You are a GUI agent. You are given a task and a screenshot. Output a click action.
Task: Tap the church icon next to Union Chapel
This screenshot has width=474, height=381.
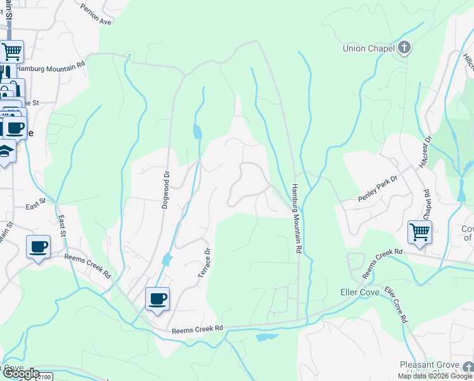404,48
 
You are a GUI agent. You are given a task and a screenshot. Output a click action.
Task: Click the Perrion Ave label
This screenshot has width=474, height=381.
96,14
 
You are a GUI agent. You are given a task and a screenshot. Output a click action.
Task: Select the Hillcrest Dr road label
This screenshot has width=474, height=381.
424,152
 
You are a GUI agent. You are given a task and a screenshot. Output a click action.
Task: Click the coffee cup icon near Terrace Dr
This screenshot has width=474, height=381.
157,298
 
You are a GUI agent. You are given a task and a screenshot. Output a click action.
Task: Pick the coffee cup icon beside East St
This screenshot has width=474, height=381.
38,245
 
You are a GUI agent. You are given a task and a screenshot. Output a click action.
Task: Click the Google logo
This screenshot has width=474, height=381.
20,374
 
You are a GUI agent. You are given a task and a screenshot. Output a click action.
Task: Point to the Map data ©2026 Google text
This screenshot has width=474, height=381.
435,376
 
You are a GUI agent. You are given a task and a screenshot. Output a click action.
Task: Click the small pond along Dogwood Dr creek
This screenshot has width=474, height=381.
197,131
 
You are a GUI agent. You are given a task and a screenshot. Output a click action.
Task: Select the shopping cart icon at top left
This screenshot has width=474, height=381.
11,51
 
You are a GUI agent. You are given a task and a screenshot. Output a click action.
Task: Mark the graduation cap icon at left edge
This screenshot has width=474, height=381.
5,152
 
